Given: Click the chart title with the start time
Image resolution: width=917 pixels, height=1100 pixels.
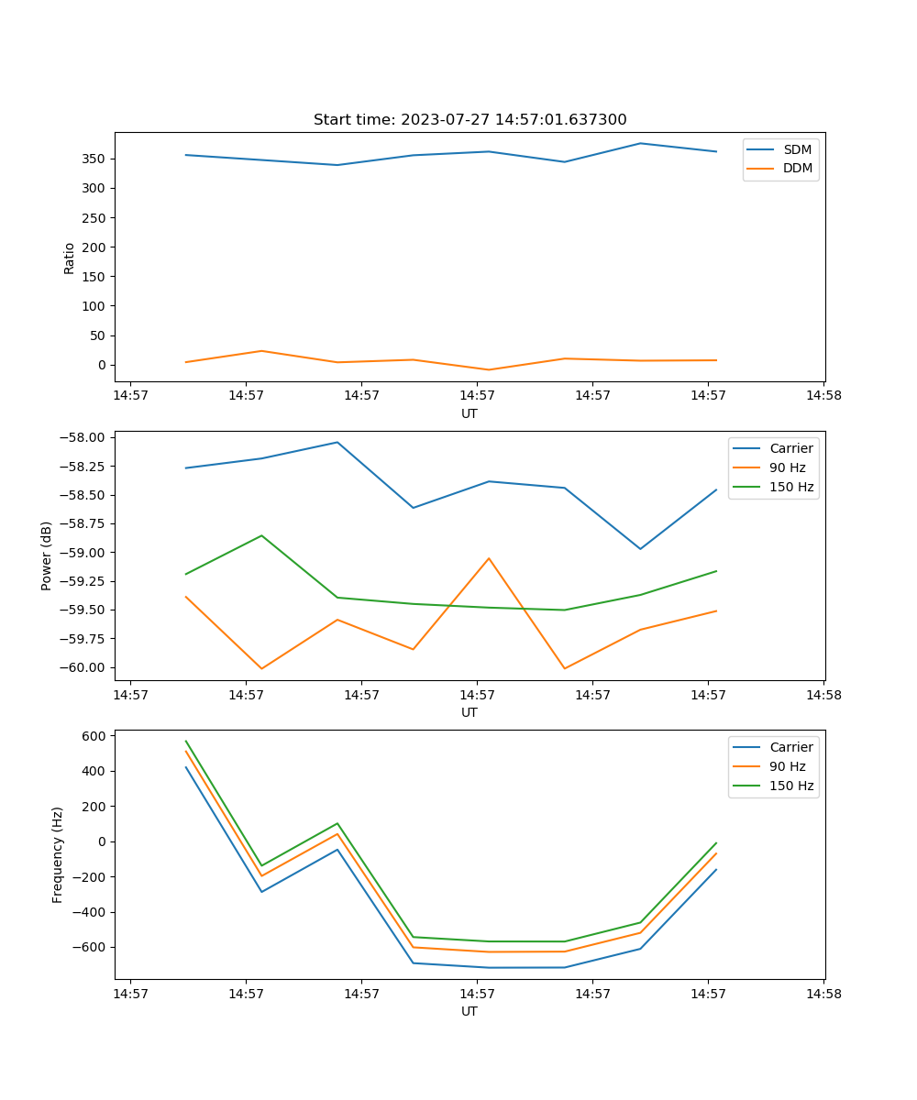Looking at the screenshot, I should click(x=470, y=120).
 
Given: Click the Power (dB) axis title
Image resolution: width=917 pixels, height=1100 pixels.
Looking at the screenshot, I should click(x=47, y=555).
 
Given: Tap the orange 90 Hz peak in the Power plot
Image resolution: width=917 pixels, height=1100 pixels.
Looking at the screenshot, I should click(x=489, y=558).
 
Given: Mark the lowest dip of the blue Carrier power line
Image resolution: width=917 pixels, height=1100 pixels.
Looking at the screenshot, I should click(x=640, y=549).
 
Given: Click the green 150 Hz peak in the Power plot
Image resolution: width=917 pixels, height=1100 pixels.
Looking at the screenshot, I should click(x=261, y=535).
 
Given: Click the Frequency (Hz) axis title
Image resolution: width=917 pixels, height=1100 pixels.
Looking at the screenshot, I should click(x=58, y=854).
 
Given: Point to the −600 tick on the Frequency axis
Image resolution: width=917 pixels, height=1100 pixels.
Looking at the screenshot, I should click(x=89, y=947).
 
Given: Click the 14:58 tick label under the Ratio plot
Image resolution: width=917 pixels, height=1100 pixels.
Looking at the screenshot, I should click(x=823, y=396).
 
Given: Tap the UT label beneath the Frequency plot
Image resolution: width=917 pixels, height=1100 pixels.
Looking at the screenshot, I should click(x=470, y=1011).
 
